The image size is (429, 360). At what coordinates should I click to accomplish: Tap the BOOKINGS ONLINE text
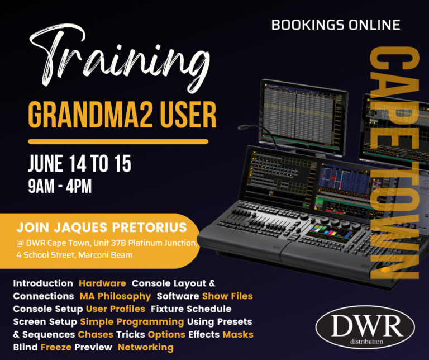click(x=335, y=25)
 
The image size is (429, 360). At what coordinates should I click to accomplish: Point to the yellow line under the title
click(x=118, y=141)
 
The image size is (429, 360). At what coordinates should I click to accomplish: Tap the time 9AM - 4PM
click(x=59, y=186)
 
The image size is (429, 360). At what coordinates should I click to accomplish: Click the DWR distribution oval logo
click(x=365, y=326)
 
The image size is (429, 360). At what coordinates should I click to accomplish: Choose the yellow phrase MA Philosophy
click(x=115, y=296)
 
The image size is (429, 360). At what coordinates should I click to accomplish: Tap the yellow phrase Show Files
click(x=227, y=296)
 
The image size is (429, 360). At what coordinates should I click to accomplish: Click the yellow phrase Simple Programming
click(x=132, y=321)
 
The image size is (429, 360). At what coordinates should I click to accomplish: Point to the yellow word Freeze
click(x=55, y=347)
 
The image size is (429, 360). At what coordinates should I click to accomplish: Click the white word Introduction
click(x=43, y=283)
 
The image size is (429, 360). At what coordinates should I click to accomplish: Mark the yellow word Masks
click(x=238, y=334)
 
